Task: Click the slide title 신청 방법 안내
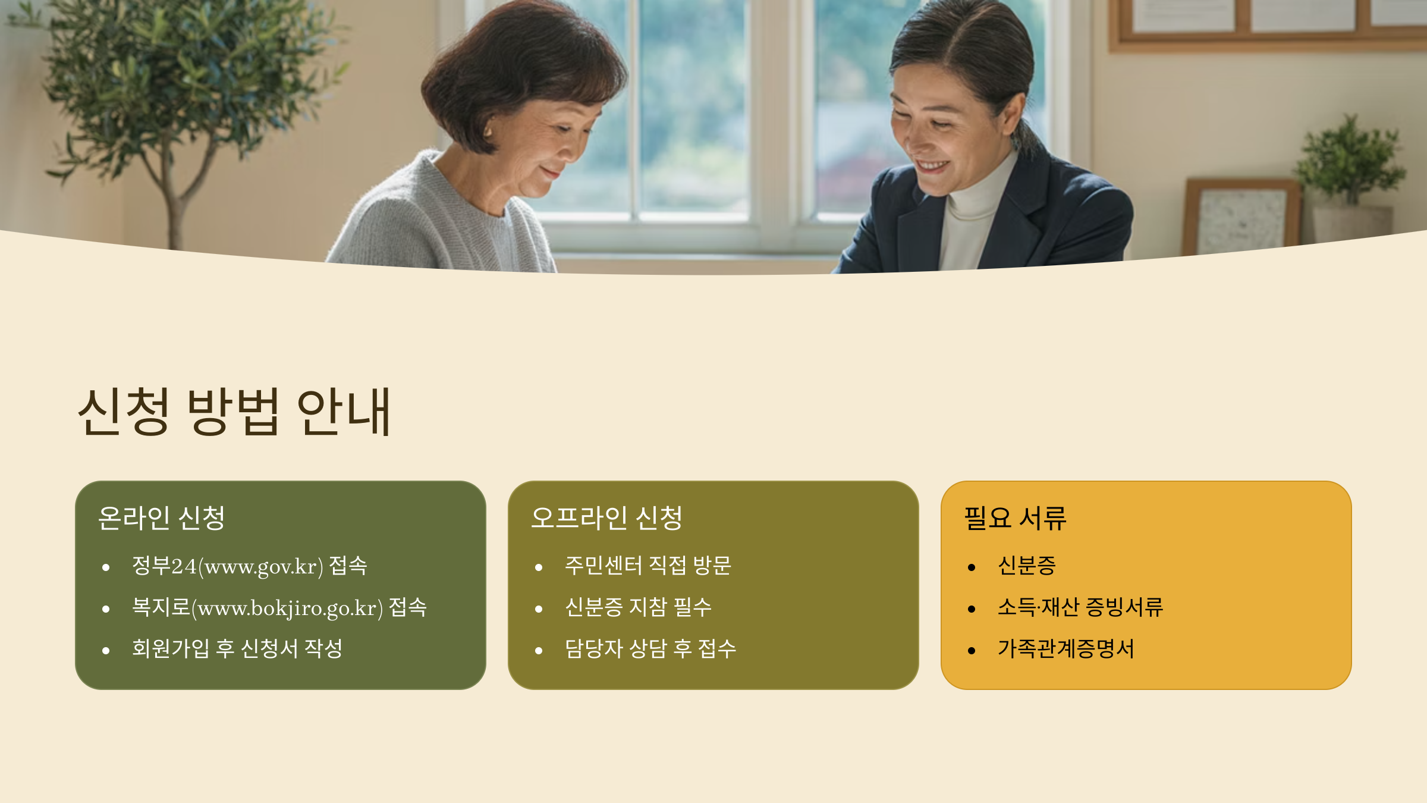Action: (x=234, y=411)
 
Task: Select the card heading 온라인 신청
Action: (x=161, y=517)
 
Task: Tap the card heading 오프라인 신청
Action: (x=606, y=517)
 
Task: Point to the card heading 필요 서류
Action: (x=1015, y=517)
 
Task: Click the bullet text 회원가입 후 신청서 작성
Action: (x=237, y=648)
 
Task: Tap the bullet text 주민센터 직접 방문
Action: (x=648, y=565)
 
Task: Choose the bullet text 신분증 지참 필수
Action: (x=638, y=607)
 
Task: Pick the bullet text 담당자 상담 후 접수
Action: (x=650, y=648)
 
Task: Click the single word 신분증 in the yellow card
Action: (x=1027, y=565)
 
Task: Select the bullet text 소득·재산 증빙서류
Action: (x=1080, y=607)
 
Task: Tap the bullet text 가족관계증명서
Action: (x=1066, y=648)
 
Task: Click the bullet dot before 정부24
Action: (x=106, y=567)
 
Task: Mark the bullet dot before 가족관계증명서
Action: (x=972, y=651)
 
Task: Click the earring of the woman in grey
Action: (x=488, y=132)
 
